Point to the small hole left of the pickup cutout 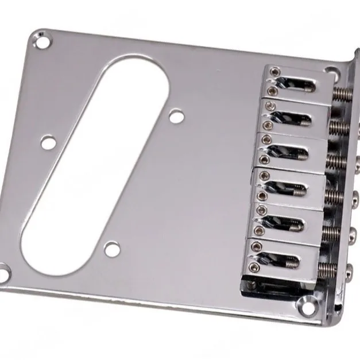click(48, 141)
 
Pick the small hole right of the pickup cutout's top click(177, 117)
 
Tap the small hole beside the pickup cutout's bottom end click(113, 249)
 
